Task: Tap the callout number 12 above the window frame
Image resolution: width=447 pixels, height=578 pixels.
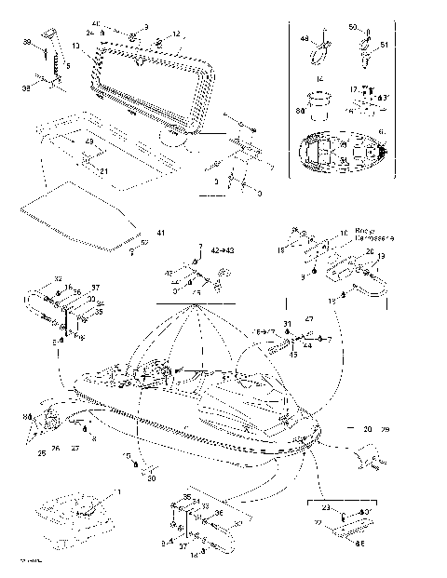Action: click(x=176, y=34)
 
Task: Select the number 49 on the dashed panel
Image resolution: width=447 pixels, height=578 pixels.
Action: click(x=88, y=141)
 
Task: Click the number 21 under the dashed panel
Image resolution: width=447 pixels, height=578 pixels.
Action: click(x=104, y=172)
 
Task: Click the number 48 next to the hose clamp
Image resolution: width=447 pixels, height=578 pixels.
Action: click(x=304, y=39)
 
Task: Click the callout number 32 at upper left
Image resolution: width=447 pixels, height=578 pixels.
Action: click(x=58, y=279)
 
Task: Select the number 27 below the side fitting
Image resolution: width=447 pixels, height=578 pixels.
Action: click(x=75, y=447)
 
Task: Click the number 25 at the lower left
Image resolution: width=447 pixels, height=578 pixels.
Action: click(x=42, y=453)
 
